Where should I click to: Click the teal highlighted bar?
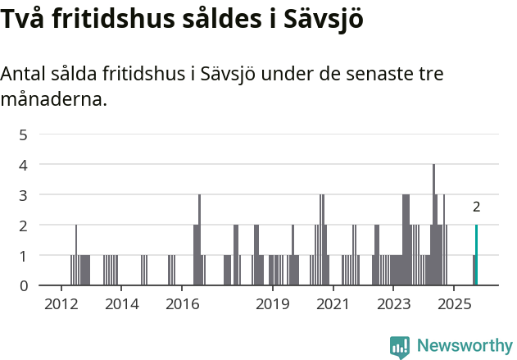[x=476, y=255]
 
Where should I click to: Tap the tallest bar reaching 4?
[x=433, y=225]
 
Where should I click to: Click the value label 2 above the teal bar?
[x=476, y=207]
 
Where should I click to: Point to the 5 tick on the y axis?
[x=23, y=134]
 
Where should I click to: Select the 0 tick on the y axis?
[x=23, y=285]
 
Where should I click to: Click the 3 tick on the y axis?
[x=23, y=194]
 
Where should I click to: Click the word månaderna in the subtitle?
[x=53, y=101]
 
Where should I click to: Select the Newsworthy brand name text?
[x=464, y=346]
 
